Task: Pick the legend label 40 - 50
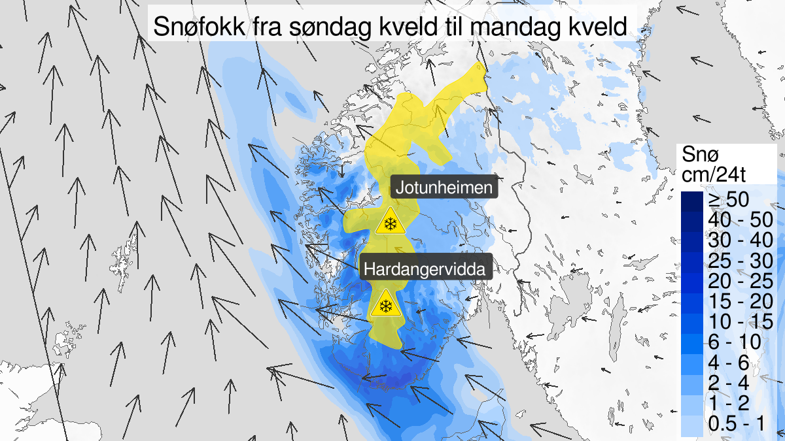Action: pos(736,220)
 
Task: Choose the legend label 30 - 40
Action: pos(736,240)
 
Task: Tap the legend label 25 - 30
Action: pos(736,261)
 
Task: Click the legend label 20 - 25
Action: pos(736,282)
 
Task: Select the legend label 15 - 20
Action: pos(736,302)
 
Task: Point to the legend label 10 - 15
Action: pos(736,322)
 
